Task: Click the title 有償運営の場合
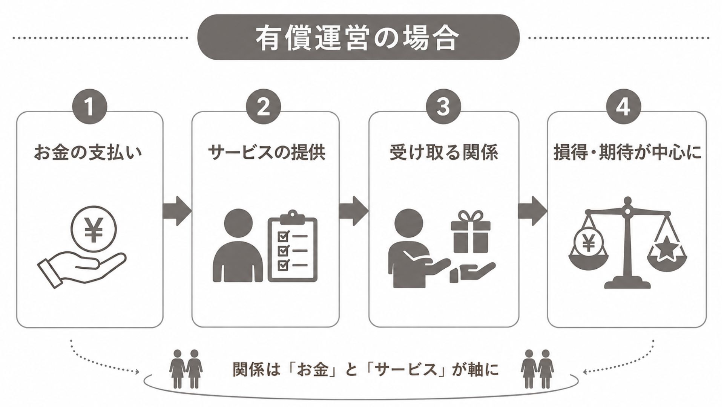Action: pyautogui.click(x=357, y=38)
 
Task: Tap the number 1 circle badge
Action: pyautogui.click(x=90, y=106)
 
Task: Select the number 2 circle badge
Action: pyautogui.click(x=263, y=106)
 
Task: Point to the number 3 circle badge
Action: pyautogui.click(x=443, y=106)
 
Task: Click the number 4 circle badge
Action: pyautogui.click(x=623, y=106)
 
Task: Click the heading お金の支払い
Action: pyautogui.click(x=88, y=153)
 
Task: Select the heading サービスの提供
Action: pyautogui.click(x=266, y=153)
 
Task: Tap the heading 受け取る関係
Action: pyautogui.click(x=443, y=153)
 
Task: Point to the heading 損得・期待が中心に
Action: pyautogui.click(x=627, y=153)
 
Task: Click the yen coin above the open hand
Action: pyautogui.click(x=94, y=229)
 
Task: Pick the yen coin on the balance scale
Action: pyautogui.click(x=588, y=243)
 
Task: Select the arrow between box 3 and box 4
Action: pyautogui.click(x=532, y=211)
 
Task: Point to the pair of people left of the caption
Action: pyautogui.click(x=186, y=369)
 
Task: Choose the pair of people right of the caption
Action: pyautogui.click(x=537, y=369)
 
